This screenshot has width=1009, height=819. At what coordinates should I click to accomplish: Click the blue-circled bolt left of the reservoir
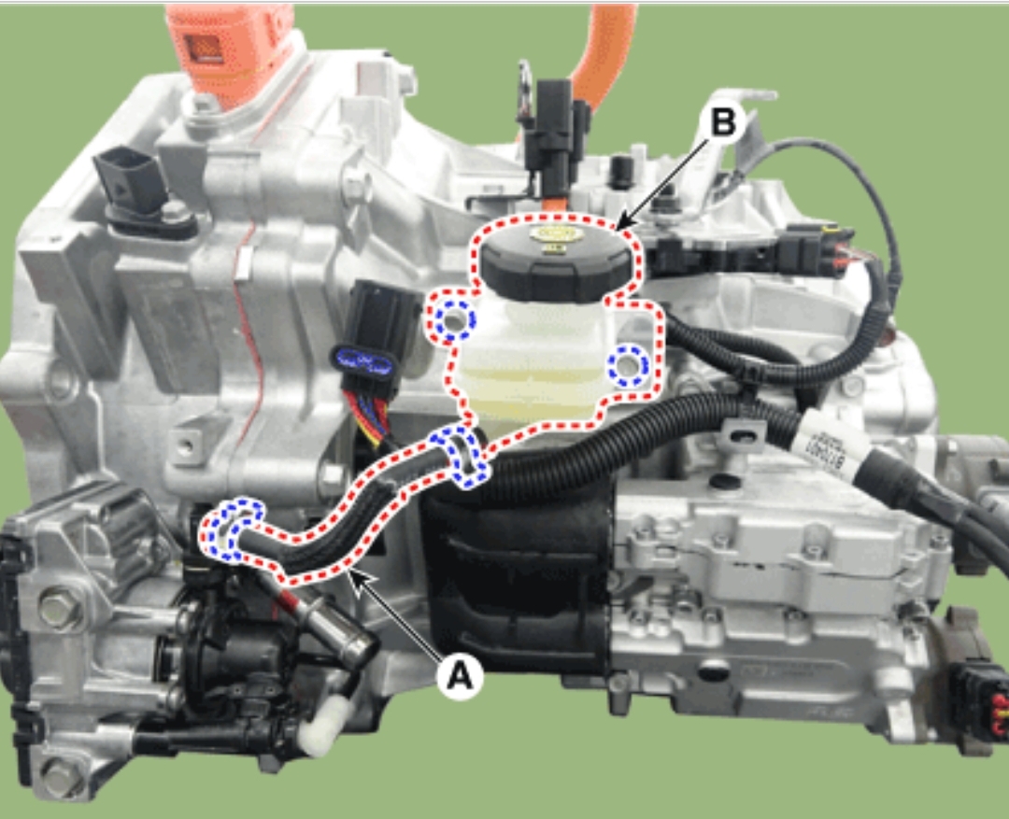coord(455,321)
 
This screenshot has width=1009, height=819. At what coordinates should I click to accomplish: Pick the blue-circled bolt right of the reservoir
coord(628,363)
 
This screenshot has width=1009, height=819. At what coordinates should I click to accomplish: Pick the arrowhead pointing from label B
coord(620,224)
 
